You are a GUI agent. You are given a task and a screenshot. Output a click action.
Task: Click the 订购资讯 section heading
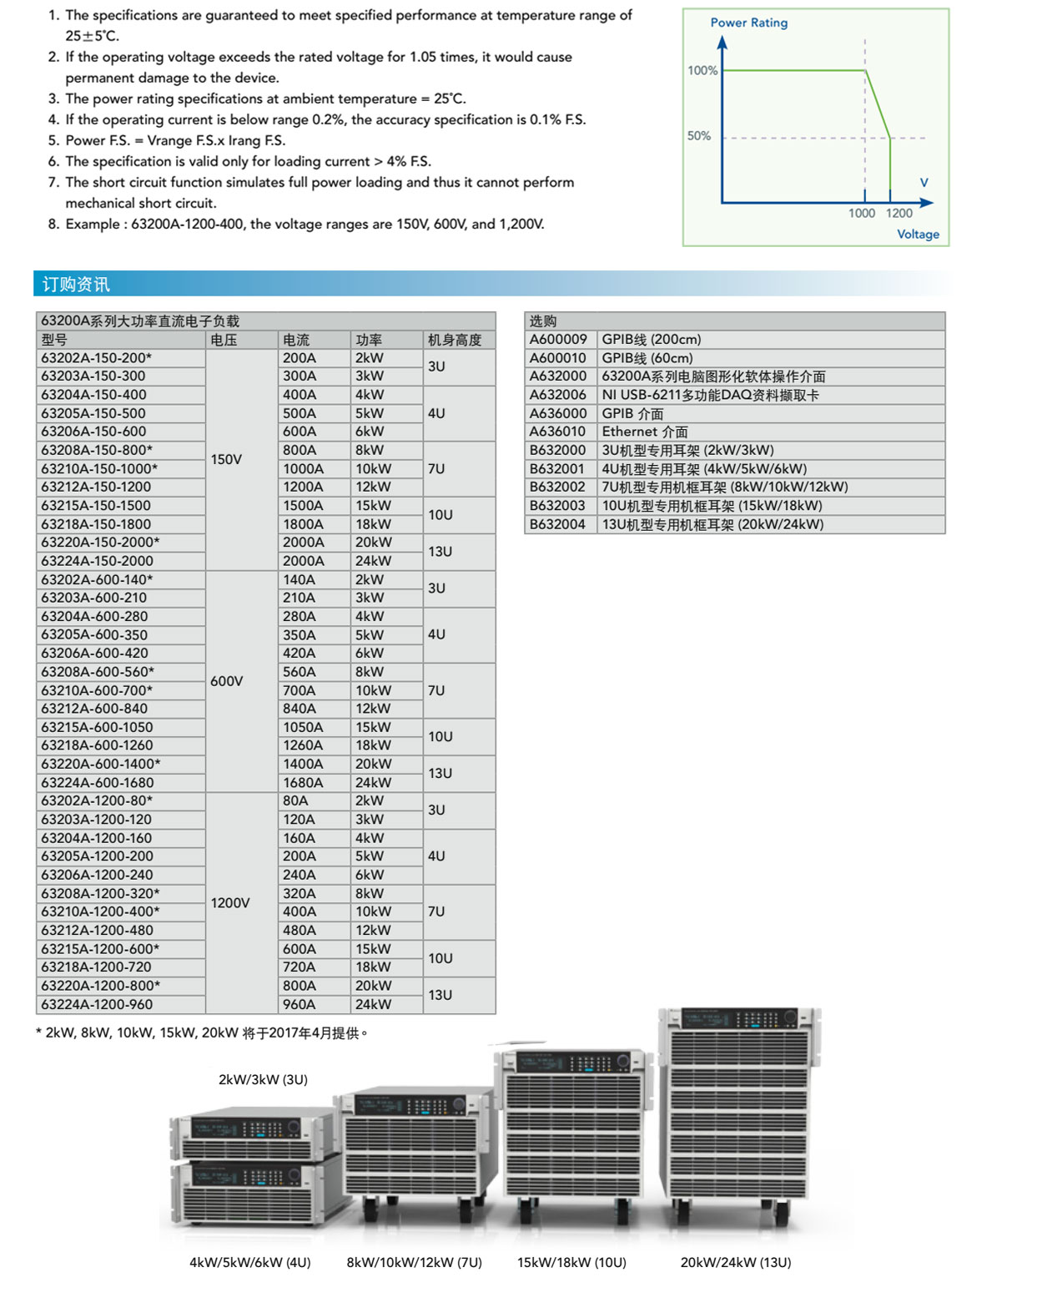click(76, 285)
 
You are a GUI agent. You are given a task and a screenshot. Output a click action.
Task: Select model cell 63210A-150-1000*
click(99, 468)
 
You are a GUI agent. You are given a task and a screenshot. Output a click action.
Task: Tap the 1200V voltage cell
click(230, 902)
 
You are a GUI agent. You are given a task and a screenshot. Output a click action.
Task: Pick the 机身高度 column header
click(455, 340)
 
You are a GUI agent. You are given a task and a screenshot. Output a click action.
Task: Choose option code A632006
click(558, 395)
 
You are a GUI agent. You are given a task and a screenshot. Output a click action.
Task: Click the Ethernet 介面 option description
click(645, 432)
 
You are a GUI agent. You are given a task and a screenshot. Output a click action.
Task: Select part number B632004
click(558, 524)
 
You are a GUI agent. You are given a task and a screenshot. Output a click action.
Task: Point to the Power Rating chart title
click(748, 23)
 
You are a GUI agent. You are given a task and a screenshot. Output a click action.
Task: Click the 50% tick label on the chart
click(699, 136)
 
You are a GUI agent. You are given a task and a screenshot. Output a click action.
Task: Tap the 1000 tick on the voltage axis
click(861, 214)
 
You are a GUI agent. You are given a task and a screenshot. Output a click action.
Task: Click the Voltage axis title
click(918, 235)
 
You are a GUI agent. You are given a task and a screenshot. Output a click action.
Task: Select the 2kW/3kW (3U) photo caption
click(263, 1079)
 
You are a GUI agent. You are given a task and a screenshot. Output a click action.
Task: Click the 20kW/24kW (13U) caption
click(735, 1262)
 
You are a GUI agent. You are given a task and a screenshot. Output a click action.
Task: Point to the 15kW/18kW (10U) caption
click(571, 1262)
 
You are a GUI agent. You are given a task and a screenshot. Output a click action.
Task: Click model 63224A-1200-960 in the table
click(97, 1004)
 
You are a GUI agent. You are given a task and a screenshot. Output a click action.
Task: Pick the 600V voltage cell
click(227, 681)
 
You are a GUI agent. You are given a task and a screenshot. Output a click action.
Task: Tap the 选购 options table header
click(543, 321)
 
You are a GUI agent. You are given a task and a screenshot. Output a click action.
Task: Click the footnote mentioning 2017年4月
click(202, 1033)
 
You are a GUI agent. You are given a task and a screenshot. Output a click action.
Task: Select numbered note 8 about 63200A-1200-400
click(296, 224)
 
